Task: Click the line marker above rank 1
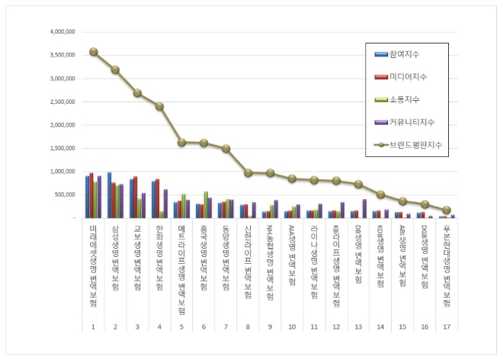[x=93, y=52]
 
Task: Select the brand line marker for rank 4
[x=159, y=106]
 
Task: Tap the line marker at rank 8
[x=248, y=173]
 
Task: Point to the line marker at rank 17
[x=447, y=210]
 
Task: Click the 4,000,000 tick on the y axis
[x=61, y=32]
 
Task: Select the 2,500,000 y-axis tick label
[x=61, y=101]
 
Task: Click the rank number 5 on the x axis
[x=181, y=326]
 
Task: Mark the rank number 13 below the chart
[x=358, y=326]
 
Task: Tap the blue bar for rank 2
[x=109, y=195]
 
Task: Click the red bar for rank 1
[x=91, y=195]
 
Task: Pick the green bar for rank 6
[x=206, y=204]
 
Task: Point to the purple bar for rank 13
[x=365, y=209]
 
